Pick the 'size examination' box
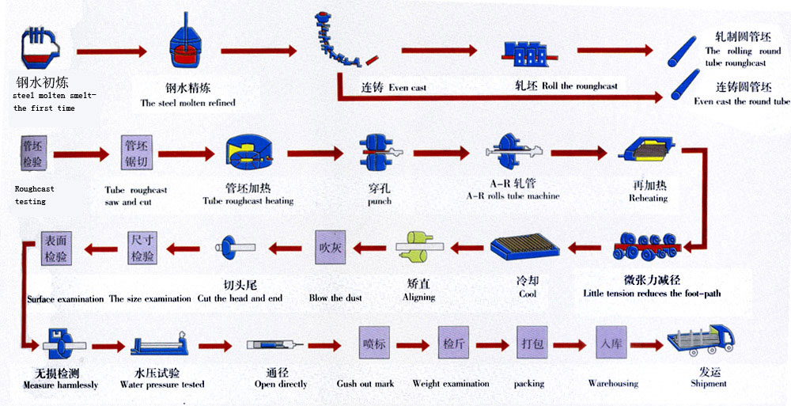click(142, 247)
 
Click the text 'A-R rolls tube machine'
click(513, 196)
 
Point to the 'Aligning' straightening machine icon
click(419, 246)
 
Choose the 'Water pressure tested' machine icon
click(162, 346)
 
